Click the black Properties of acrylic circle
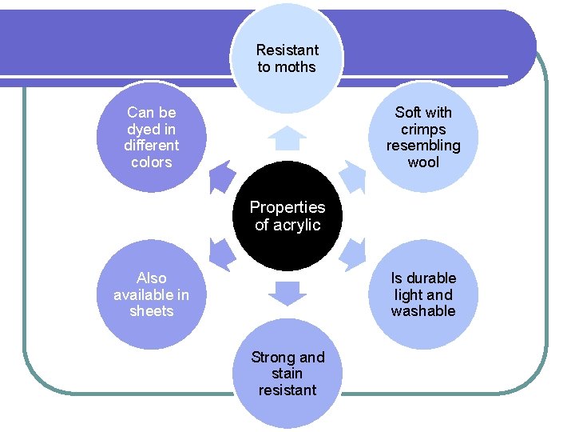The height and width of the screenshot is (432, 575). click(287, 216)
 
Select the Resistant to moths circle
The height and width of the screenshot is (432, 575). click(287, 58)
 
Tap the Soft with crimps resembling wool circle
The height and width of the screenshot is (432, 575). click(423, 137)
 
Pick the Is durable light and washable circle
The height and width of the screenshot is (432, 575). click(423, 294)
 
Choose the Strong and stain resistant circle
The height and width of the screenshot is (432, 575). click(287, 374)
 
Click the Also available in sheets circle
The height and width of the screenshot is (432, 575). click(152, 294)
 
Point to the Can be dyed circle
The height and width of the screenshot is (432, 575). click(152, 137)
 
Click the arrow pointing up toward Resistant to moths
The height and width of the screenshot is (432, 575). click(287, 138)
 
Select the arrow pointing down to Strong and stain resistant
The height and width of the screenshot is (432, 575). click(287, 294)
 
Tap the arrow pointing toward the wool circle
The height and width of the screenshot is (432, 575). click(353, 177)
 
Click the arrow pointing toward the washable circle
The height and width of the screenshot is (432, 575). click(353, 255)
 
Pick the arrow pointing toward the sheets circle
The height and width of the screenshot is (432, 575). click(222, 255)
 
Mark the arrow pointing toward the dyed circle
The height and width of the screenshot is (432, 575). click(222, 177)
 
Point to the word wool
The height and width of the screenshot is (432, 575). click(423, 162)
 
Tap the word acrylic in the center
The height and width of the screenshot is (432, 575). click(297, 225)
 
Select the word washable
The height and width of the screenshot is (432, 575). click(423, 311)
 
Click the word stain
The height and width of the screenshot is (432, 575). click(287, 374)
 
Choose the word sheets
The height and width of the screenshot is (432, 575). click(152, 311)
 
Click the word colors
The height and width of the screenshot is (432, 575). click(152, 162)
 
